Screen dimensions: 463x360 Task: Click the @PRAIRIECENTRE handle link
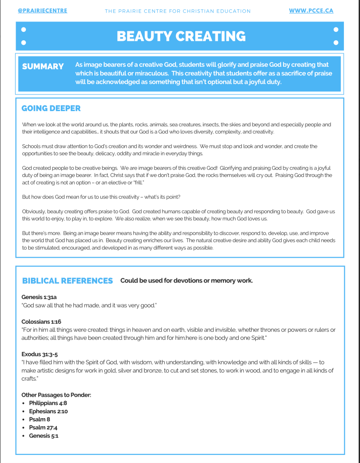point(43,10)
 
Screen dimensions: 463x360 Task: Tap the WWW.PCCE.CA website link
point(311,10)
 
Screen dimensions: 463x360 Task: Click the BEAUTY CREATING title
point(181,36)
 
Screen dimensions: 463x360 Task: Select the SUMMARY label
point(43,66)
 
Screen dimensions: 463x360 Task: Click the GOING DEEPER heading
point(51,108)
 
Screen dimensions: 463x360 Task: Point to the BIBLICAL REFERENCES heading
point(67,281)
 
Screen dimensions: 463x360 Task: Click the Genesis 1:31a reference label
point(39,297)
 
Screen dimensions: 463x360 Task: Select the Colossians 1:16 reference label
point(41,322)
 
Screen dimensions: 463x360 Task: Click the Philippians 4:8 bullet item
point(48,403)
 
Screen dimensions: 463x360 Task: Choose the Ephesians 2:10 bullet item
point(48,411)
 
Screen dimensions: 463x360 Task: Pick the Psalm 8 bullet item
point(39,419)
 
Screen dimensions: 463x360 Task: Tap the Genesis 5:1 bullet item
point(43,435)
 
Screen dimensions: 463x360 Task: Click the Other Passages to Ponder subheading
point(56,395)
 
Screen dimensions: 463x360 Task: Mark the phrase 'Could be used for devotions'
point(159,281)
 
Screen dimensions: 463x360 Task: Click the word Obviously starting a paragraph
point(33,211)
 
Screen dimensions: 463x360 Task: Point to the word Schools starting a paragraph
point(31,146)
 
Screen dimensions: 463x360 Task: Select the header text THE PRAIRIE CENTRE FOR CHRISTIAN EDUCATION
point(178,11)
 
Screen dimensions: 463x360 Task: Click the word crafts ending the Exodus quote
point(29,378)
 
